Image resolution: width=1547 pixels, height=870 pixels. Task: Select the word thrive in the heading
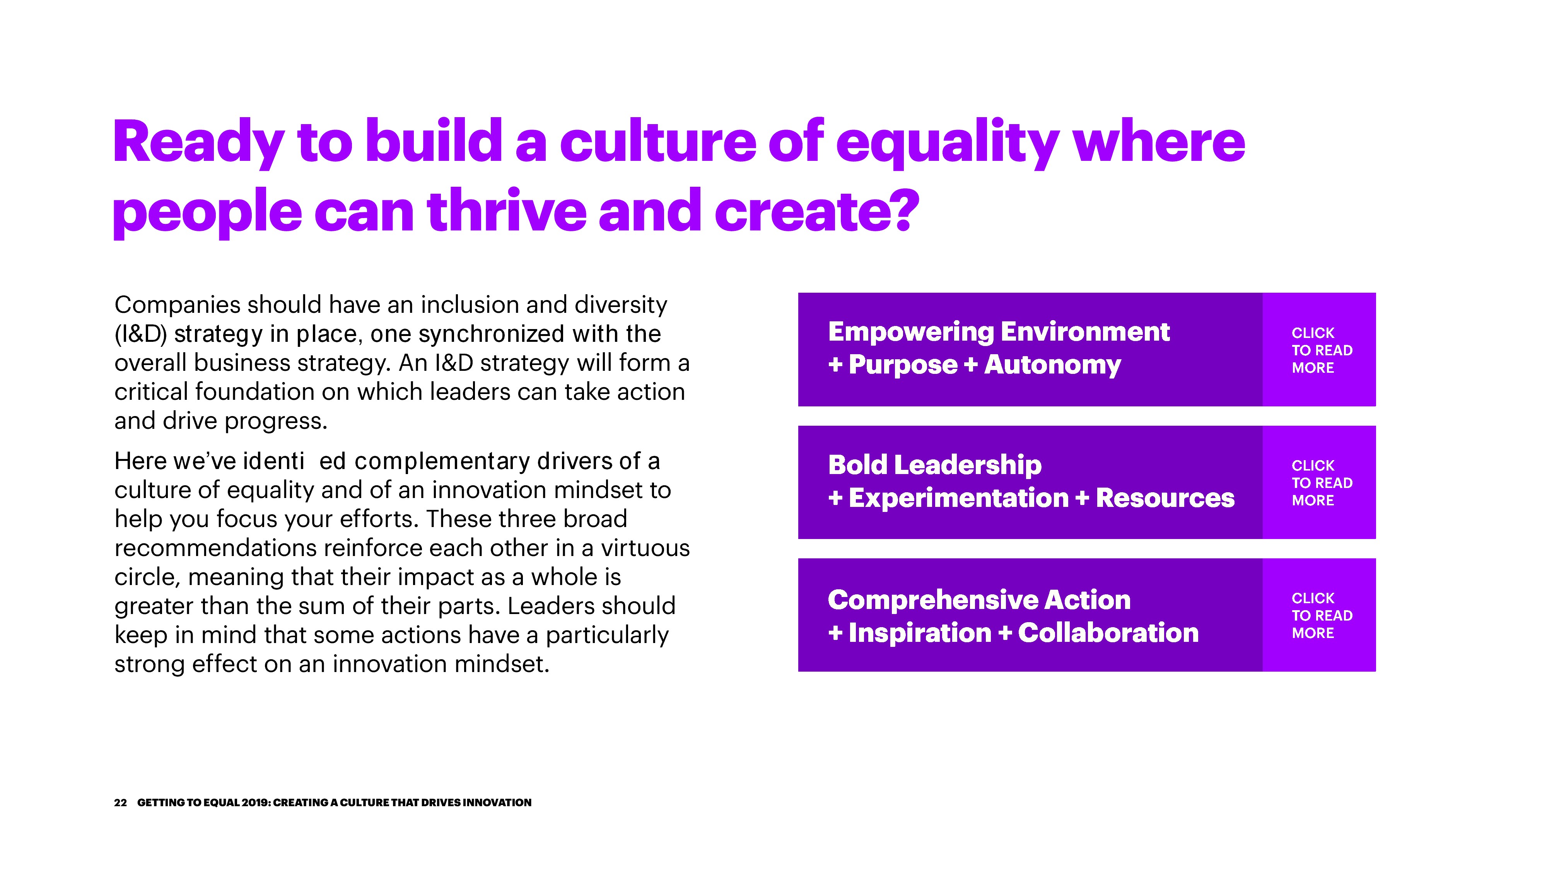[x=506, y=210]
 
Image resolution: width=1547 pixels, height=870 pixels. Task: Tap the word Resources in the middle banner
[x=1165, y=498]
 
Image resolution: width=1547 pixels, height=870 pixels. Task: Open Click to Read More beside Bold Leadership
[x=1322, y=483]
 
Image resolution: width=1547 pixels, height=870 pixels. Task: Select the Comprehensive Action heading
[x=979, y=600]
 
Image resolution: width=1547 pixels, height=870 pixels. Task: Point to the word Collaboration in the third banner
[x=1108, y=633]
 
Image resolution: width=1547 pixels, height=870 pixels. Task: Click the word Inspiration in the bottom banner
[x=920, y=633]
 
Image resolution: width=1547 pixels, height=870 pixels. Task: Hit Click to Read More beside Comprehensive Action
[x=1322, y=616]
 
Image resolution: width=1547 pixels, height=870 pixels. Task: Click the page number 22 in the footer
[x=120, y=803]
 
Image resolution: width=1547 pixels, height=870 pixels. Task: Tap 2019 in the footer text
[x=255, y=803]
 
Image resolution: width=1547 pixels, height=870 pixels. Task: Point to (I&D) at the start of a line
[x=140, y=334]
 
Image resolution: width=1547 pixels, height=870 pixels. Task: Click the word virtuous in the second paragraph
[x=645, y=548]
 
